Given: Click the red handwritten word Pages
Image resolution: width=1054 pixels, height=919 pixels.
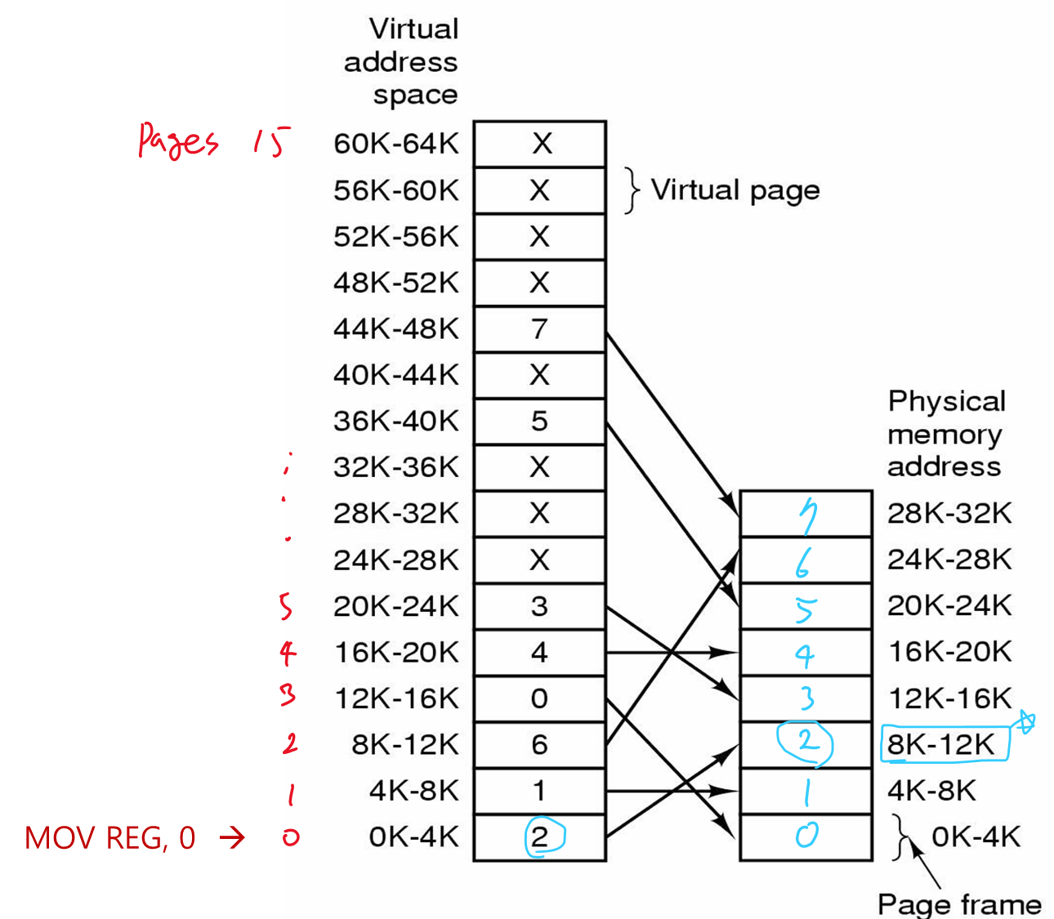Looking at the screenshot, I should [x=178, y=141].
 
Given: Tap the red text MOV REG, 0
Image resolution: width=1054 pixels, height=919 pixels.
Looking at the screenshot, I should [x=110, y=838].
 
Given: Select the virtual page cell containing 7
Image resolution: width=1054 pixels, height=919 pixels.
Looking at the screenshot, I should [x=539, y=329].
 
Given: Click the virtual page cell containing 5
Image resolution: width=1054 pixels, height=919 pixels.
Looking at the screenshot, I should [x=539, y=422].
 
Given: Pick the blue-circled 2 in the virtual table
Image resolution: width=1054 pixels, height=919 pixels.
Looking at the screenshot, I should [x=539, y=838].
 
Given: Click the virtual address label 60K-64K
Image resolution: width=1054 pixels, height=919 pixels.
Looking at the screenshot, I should [x=396, y=144].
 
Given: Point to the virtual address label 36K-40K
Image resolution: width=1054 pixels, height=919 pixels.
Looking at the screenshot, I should [x=396, y=422].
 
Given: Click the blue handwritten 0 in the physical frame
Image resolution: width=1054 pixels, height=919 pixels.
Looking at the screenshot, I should [x=806, y=836].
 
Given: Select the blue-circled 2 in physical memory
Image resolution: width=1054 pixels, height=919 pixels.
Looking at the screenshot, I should [x=806, y=743].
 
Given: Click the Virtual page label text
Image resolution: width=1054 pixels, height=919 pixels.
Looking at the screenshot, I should [x=735, y=190].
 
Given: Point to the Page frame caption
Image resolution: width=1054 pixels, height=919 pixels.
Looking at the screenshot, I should [x=959, y=904].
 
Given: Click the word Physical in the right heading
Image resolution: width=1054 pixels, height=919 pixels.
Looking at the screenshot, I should [x=946, y=401].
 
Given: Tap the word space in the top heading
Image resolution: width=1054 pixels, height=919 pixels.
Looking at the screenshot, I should [x=415, y=95].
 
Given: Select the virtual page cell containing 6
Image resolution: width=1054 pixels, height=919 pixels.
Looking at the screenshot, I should [x=539, y=745].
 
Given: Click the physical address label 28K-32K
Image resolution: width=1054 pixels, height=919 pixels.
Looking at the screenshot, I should [x=949, y=514].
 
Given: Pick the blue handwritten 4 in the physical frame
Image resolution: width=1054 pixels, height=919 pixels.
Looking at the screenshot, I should [x=805, y=654].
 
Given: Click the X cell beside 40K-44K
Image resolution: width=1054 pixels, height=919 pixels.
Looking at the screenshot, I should [x=539, y=376].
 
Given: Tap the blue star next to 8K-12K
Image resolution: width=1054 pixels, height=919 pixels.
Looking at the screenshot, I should [x=1025, y=722].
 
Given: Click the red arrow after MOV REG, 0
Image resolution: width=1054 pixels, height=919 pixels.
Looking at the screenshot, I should [x=232, y=837].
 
